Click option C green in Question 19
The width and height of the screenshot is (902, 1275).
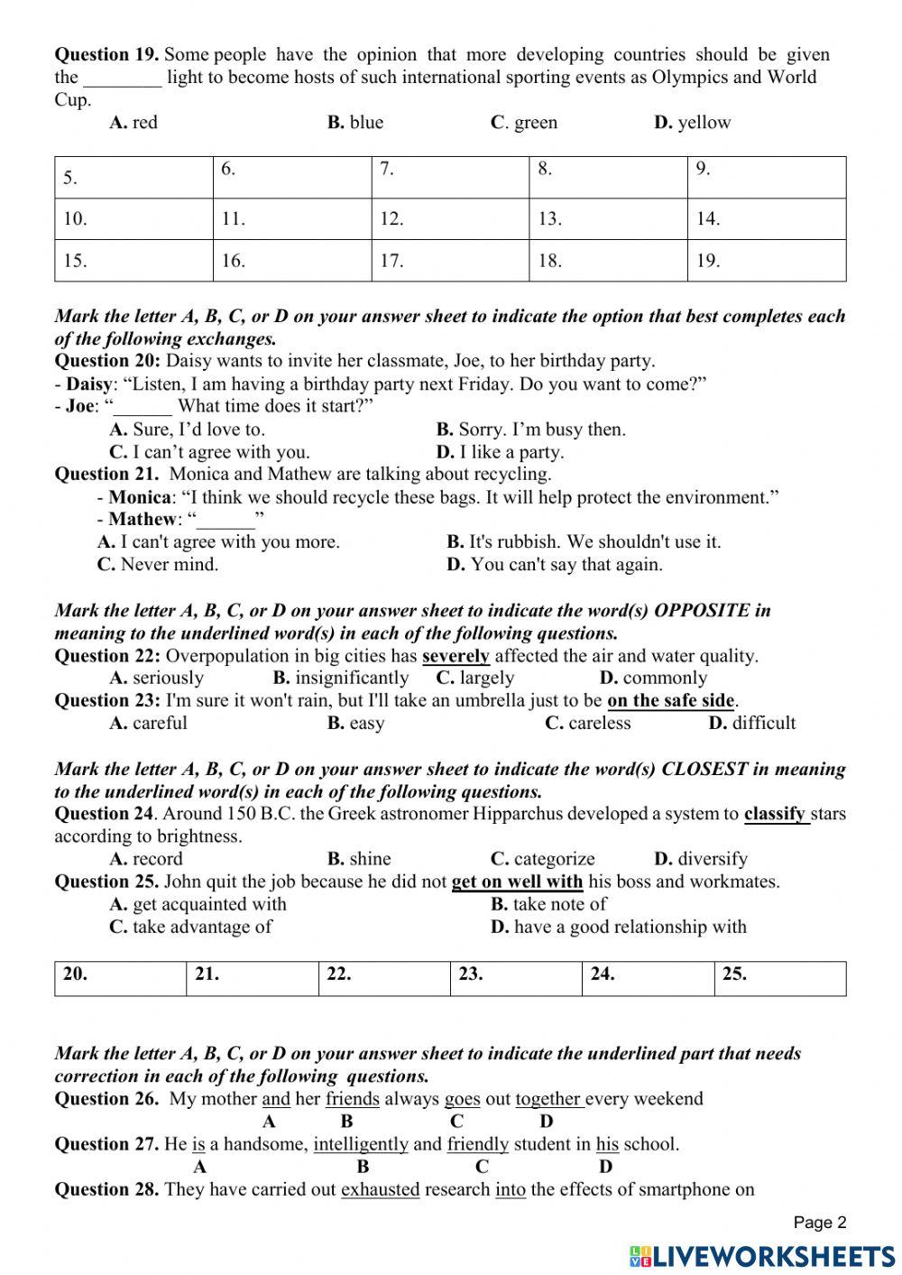[524, 123]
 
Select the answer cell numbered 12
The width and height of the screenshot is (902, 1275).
[449, 218]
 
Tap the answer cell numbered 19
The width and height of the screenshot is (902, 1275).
[766, 261]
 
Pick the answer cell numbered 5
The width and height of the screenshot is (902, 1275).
[133, 178]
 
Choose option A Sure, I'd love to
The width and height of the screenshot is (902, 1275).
[187, 430]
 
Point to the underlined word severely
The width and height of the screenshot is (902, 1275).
[456, 656]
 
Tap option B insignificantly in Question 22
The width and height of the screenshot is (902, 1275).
[340, 679]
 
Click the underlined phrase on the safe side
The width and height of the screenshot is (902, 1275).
[671, 701]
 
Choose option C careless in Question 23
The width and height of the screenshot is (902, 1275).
[588, 724]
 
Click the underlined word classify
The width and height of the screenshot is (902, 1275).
[775, 814]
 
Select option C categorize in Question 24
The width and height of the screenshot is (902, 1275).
[543, 859]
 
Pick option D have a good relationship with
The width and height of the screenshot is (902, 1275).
[619, 927]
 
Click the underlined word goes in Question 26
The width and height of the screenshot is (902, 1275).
[462, 1099]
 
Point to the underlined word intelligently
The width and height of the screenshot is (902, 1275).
[361, 1144]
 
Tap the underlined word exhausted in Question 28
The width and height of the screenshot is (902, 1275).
[380, 1189]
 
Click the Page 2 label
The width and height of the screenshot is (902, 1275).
[820, 1223]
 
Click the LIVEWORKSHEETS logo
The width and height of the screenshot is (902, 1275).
[762, 1255]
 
